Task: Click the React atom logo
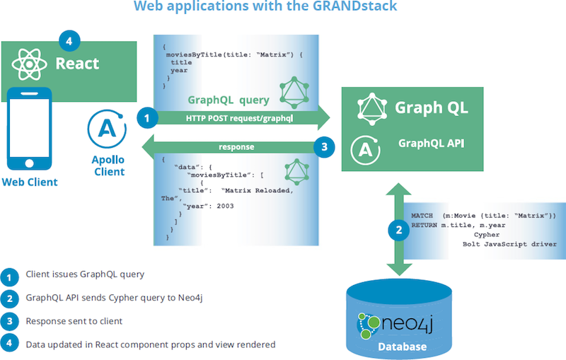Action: pyautogui.click(x=29, y=64)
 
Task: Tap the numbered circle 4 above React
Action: pyautogui.click(x=69, y=41)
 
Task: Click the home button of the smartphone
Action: pyautogui.click(x=29, y=163)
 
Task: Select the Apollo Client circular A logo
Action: pyautogui.click(x=107, y=129)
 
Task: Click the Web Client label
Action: pyautogui.click(x=30, y=182)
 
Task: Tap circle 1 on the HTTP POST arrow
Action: pyautogui.click(x=147, y=117)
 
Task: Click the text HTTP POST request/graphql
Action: pyautogui.click(x=239, y=118)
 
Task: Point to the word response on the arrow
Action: pyautogui.click(x=236, y=147)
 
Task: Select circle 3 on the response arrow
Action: pyautogui.click(x=324, y=147)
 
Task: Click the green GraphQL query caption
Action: pyautogui.click(x=229, y=100)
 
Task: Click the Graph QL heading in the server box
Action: pyautogui.click(x=432, y=108)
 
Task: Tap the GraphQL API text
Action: pyautogui.click(x=432, y=143)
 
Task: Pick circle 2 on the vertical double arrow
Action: pyautogui.click(x=399, y=230)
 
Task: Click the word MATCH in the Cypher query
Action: pyautogui.click(x=422, y=216)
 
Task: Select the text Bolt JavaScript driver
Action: pyautogui.click(x=509, y=244)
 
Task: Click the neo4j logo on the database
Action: pyautogui.click(x=395, y=325)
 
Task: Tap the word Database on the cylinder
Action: pyautogui.click(x=402, y=347)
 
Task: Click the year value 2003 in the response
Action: pyautogui.click(x=225, y=206)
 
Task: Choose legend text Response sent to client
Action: pyautogui.click(x=74, y=321)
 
